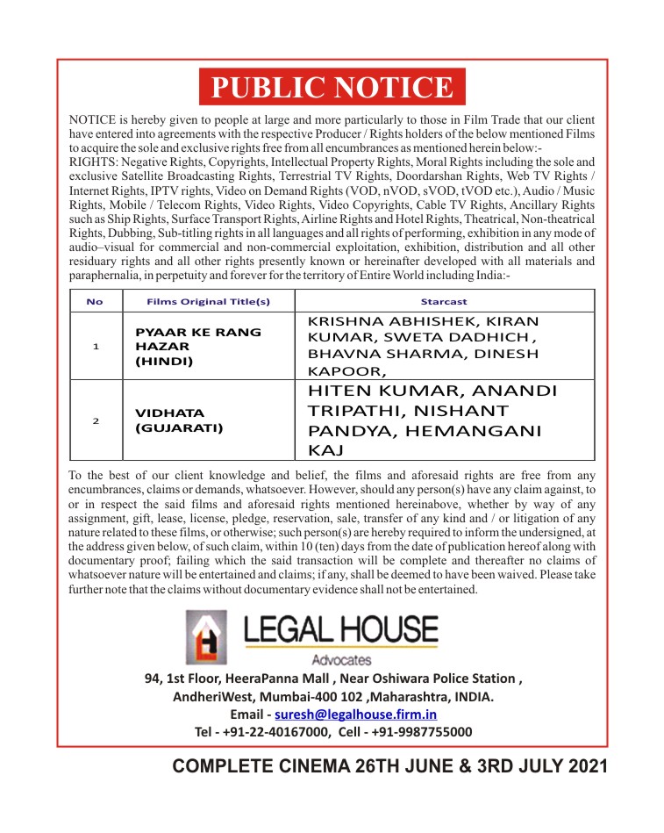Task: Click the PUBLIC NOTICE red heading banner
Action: point(332,87)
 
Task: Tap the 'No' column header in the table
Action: point(95,301)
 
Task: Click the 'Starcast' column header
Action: point(444,301)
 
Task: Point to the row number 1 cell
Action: point(95,346)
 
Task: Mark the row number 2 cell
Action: point(95,420)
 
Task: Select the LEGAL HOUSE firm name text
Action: point(340,629)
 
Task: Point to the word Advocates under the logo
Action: point(341,660)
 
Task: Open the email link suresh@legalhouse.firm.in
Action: point(355,714)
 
